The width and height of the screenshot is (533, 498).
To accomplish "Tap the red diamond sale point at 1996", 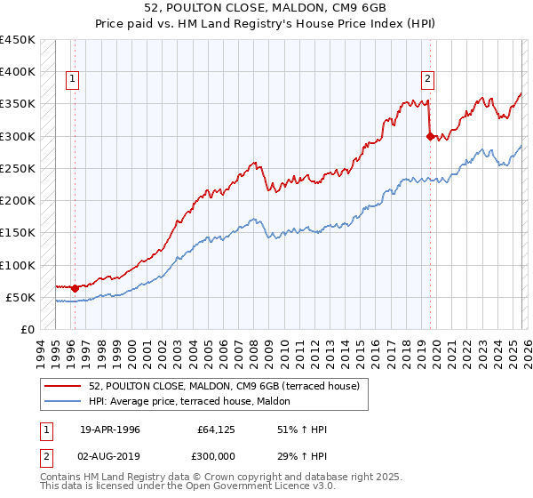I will click(75, 287).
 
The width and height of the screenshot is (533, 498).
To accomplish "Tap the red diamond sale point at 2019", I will click(430, 136).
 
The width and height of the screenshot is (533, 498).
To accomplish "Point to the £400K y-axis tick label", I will click(18, 72).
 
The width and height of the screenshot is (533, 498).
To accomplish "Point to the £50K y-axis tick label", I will click(20, 297).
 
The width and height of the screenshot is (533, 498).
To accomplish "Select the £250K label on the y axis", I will click(18, 168).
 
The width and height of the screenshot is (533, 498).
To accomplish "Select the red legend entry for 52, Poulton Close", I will click(224, 386).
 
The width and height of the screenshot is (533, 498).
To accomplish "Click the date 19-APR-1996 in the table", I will click(110, 430).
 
